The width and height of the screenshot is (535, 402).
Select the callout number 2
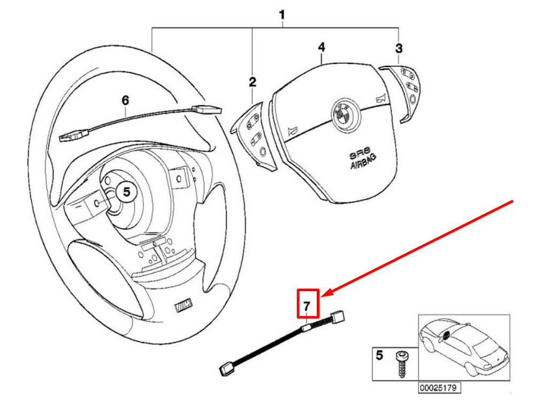pos(252,82)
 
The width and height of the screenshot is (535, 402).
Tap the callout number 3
pos(399,49)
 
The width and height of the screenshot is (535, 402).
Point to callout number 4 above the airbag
pos(321,48)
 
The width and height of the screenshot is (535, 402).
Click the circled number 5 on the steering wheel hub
pos(126,191)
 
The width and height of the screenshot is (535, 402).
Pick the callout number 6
pos(125,100)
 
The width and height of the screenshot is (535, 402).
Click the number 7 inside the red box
pos(307,306)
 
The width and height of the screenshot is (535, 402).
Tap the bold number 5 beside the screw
pos(379,354)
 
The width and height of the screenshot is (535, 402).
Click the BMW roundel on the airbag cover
pos(340,113)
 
